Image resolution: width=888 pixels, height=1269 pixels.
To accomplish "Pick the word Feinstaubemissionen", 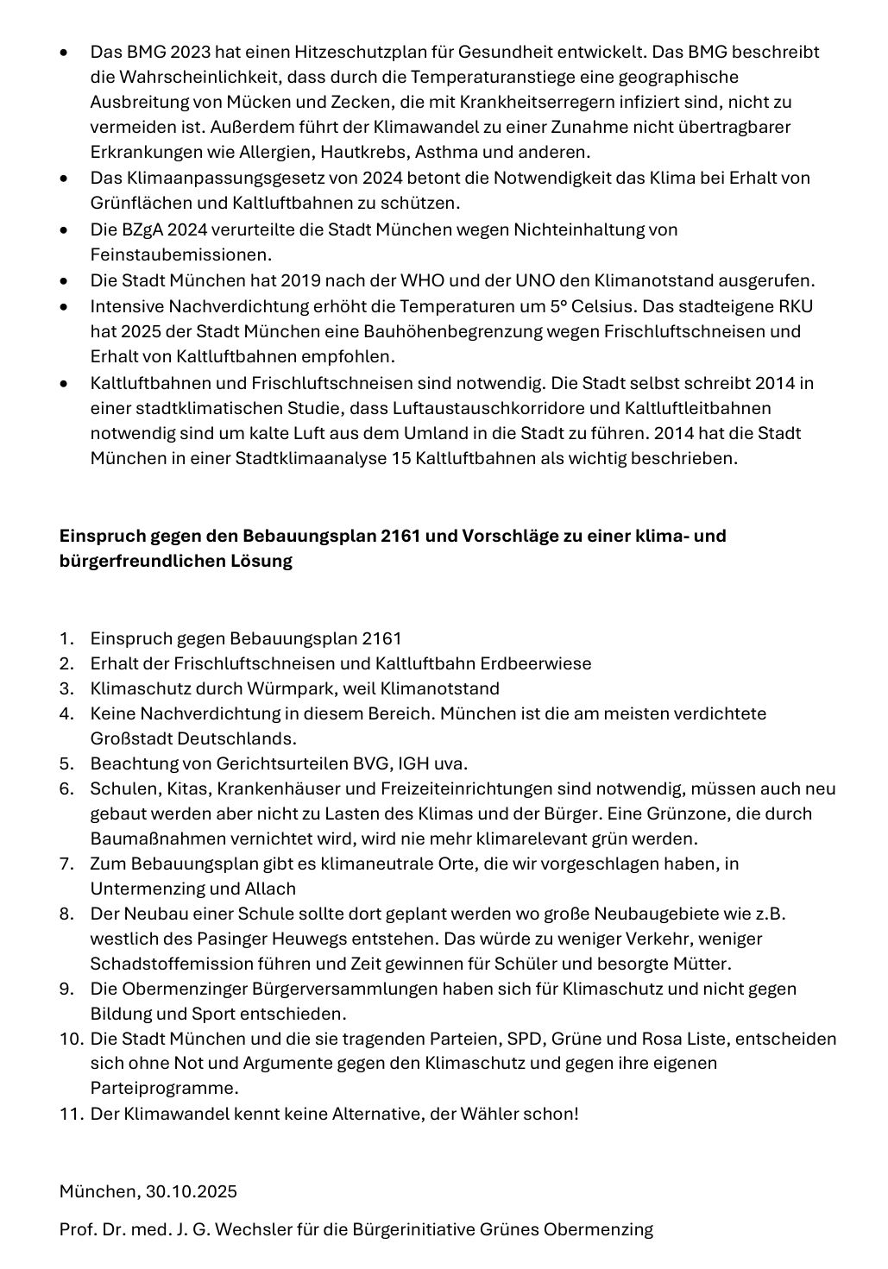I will (x=181, y=254).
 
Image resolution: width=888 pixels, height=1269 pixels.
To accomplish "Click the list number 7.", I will (x=66, y=864).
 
